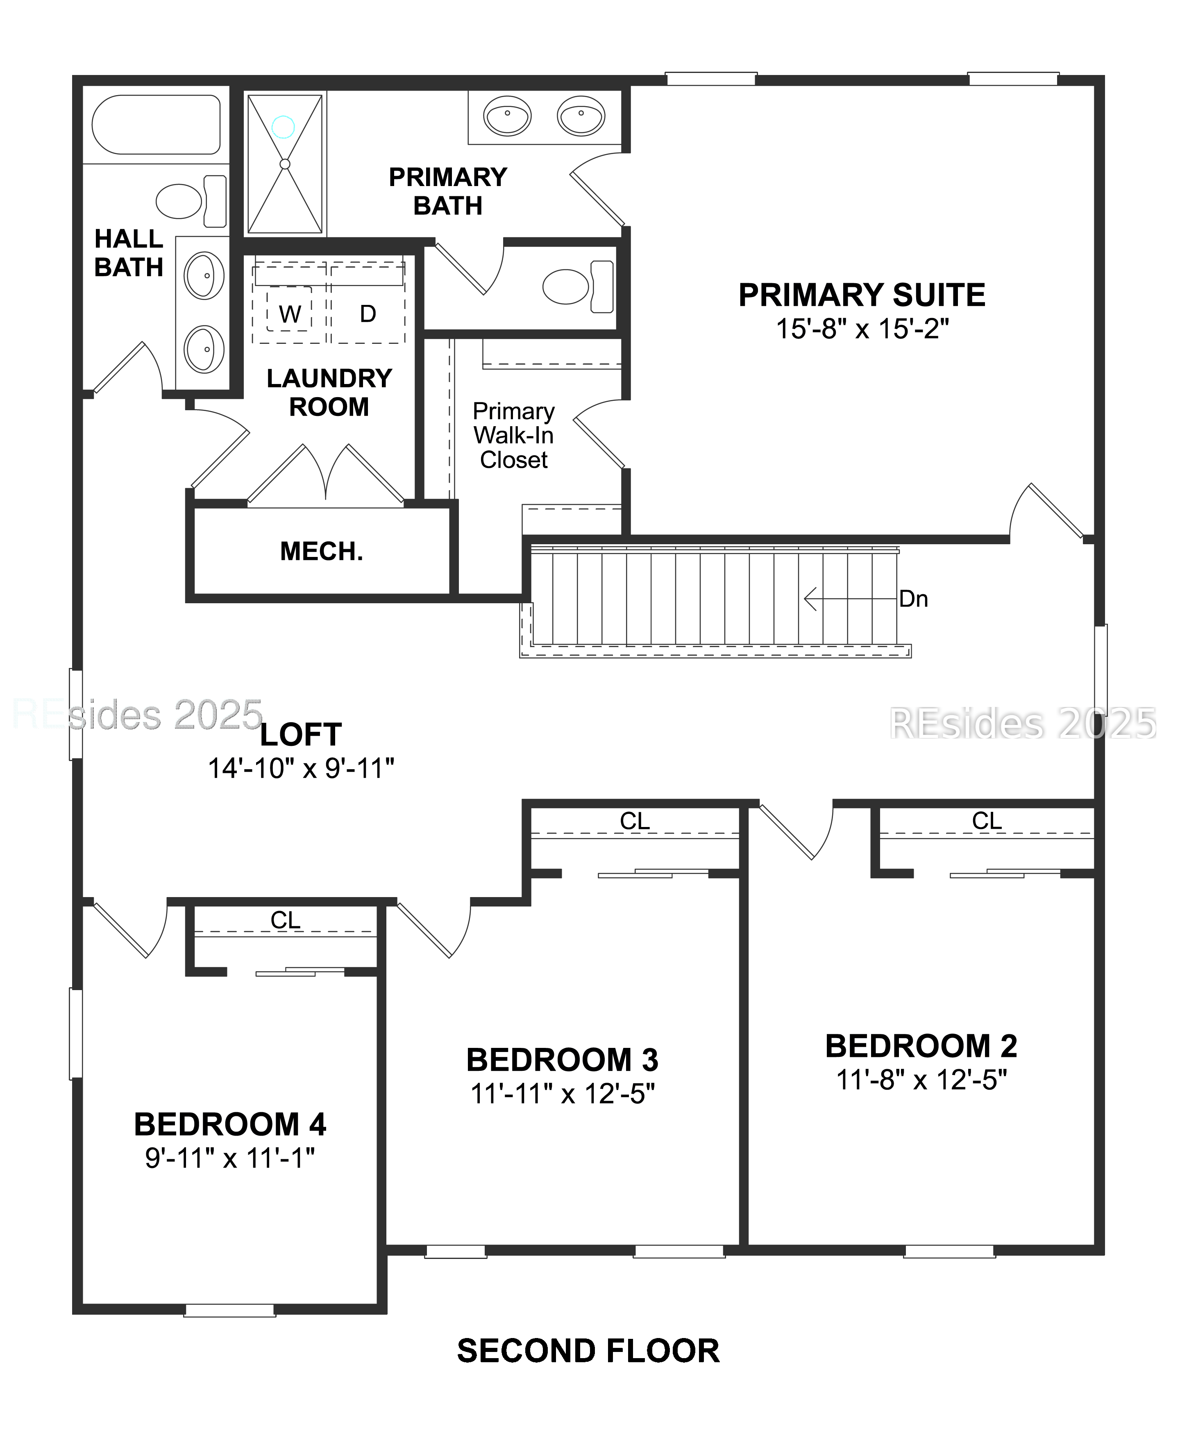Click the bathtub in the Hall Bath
[156, 125]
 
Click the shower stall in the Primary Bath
[285, 164]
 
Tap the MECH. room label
[322, 551]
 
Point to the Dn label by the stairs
[913, 599]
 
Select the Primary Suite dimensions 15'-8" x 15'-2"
[862, 329]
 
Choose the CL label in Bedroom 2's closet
[986, 821]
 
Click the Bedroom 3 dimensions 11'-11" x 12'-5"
[562, 1094]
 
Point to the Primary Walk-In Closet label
[513, 436]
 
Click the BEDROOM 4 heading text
[230, 1124]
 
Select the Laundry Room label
[329, 392]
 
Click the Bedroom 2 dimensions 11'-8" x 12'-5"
[921, 1079]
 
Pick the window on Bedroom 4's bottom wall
[230, 1310]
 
